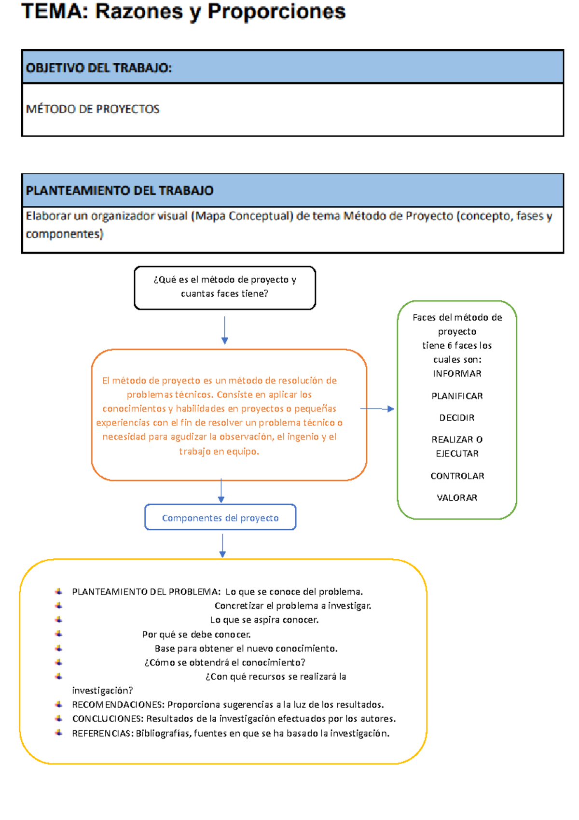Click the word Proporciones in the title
(x=276, y=12)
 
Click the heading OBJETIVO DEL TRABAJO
(x=98, y=68)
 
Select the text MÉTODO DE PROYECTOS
(x=93, y=109)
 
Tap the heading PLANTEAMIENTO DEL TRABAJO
(x=119, y=191)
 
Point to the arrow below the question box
(x=224, y=330)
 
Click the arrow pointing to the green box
(x=377, y=409)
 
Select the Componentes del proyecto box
(x=220, y=518)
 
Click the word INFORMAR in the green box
(x=457, y=374)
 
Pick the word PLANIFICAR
(x=457, y=396)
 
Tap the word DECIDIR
(x=457, y=418)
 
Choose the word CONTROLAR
(x=457, y=476)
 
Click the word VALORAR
(x=457, y=498)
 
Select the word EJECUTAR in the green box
(x=457, y=454)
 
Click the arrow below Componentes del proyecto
(x=222, y=546)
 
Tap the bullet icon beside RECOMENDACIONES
(x=59, y=705)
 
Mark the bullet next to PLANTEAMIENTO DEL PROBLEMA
(x=59, y=592)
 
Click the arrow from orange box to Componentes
(x=221, y=491)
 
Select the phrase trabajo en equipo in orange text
(x=219, y=452)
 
